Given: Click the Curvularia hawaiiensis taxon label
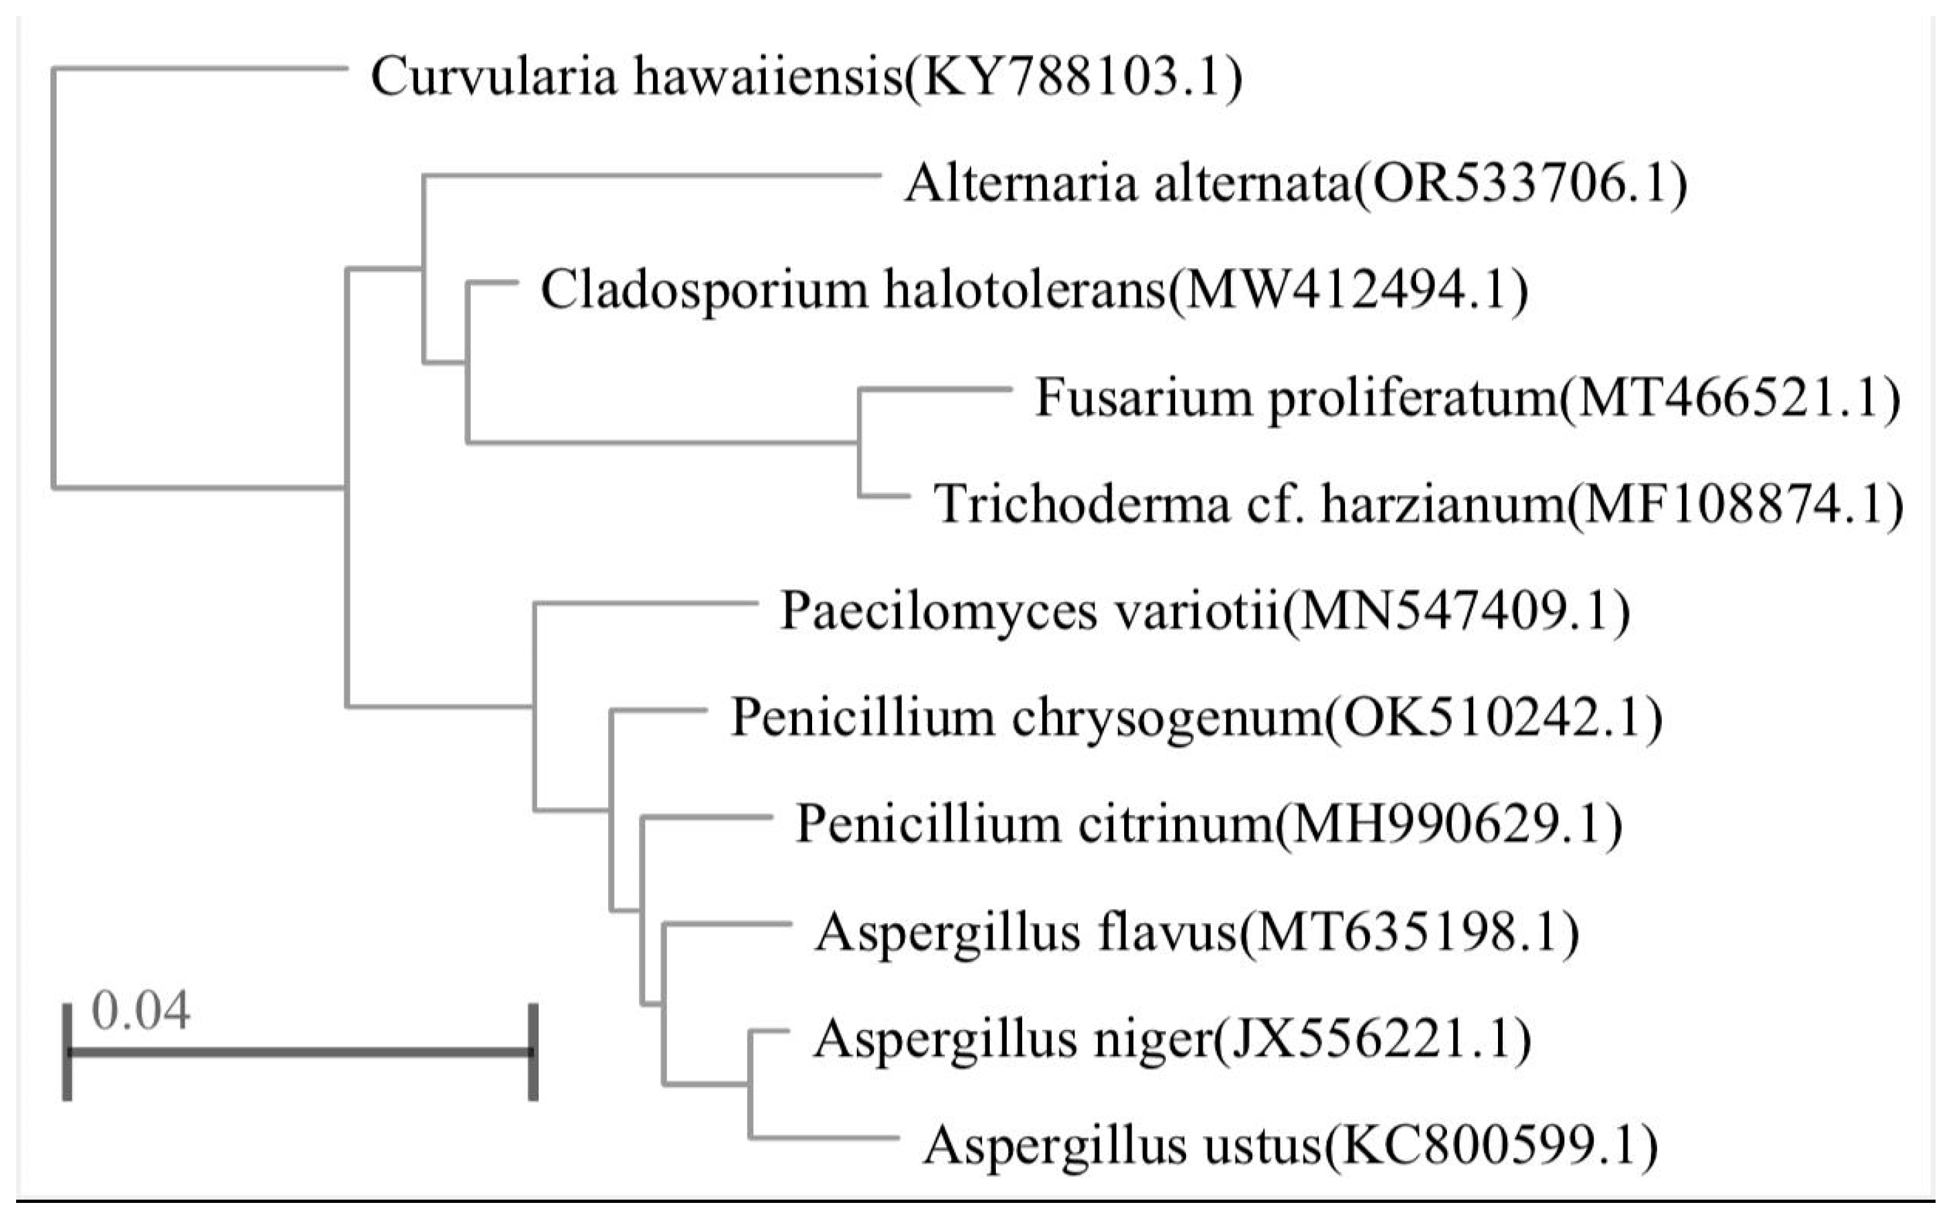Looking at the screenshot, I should click(x=805, y=78).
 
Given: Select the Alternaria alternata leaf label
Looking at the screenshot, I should click(x=1295, y=184).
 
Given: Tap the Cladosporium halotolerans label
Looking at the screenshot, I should click(x=1034, y=290).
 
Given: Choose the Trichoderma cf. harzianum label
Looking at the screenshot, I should click(x=1417, y=505).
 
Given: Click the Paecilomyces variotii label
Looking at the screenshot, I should click(x=1205, y=611).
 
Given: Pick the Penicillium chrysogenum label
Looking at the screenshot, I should click(x=1197, y=717).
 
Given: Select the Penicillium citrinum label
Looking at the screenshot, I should click(x=1209, y=825).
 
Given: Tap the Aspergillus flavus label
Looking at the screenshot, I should click(x=1197, y=932).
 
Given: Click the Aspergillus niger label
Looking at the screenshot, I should click(x=1172, y=1039).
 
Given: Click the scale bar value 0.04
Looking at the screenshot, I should click(x=141, y=1011).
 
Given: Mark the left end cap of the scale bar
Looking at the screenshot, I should click(x=68, y=1051).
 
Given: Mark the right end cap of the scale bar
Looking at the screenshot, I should click(x=533, y=1051).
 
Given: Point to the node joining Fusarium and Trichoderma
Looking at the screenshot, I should click(x=859, y=442).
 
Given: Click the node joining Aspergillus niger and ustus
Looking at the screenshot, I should click(x=750, y=1084).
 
